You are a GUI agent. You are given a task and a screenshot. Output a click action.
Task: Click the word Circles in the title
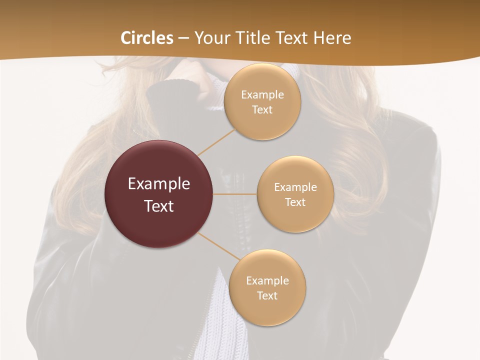coord(147,38)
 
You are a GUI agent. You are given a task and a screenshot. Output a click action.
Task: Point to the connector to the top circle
coord(216,142)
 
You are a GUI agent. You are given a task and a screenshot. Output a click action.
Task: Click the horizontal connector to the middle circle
coord(234,194)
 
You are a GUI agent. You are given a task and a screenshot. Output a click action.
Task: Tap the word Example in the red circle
coord(159,184)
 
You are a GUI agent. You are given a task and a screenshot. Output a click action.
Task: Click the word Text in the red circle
coord(159,206)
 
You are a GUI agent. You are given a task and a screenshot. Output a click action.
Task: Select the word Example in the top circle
coord(262,95)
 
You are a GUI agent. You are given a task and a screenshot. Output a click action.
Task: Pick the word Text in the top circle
coord(262,110)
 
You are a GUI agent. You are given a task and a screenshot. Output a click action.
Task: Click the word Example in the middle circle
coord(295,187)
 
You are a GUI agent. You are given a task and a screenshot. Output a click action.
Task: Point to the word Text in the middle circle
coord(295,202)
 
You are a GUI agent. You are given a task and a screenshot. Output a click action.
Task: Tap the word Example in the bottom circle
coord(267,281)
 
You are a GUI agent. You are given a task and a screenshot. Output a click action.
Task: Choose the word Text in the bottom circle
coord(267,296)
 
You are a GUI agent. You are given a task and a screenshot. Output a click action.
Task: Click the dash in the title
coord(183,38)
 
